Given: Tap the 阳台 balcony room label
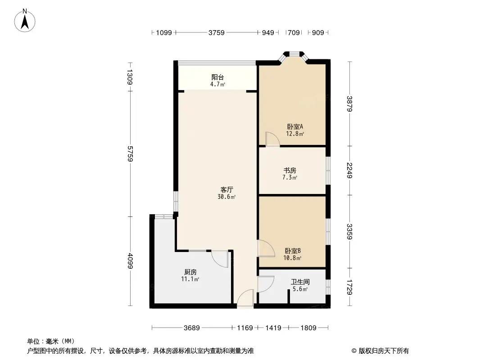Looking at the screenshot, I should tap(218, 77).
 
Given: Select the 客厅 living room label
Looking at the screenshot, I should tap(226, 189).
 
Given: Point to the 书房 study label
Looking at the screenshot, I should tap(290, 171).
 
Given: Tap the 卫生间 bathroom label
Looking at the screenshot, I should tap(299, 282).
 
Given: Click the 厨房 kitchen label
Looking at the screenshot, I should tap(190, 272).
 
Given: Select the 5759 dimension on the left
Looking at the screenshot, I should tap(130, 153).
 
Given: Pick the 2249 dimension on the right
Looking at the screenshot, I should tap(350, 171).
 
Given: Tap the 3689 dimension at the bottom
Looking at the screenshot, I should tap(192, 328).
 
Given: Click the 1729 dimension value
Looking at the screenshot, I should tap(350, 287).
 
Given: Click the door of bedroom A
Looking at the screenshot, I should tap(272, 139).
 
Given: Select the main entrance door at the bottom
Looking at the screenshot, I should tap(245, 299).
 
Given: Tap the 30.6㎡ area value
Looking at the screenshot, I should tap(226, 197).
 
